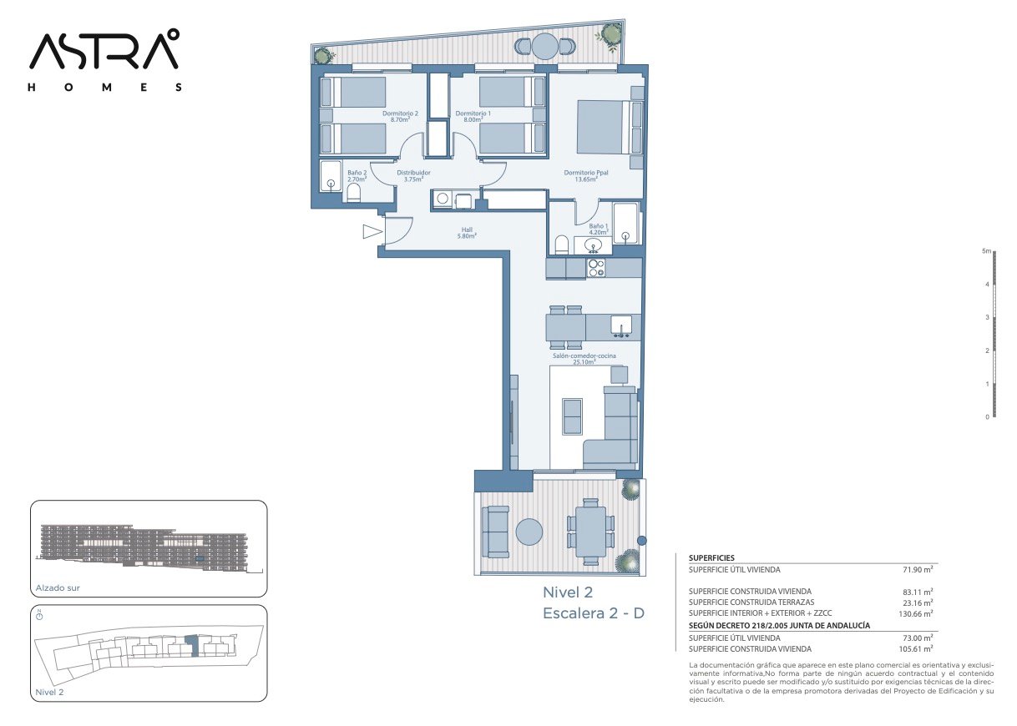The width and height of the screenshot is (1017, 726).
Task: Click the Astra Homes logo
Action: [x=104, y=60]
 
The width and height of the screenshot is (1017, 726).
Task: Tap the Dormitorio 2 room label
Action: [x=400, y=117]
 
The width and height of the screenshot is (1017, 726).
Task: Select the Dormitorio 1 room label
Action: [x=473, y=117]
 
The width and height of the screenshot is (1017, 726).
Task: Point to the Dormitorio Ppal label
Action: [x=585, y=175]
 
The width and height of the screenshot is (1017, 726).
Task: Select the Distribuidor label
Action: [x=413, y=175]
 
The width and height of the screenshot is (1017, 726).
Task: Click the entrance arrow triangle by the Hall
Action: [x=372, y=231]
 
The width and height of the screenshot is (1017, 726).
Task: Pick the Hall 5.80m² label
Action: [x=467, y=233]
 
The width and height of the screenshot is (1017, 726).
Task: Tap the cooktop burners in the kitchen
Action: [x=596, y=268]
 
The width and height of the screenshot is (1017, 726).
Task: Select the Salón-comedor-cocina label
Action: [x=584, y=359]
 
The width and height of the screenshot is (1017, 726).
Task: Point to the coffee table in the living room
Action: [x=572, y=416]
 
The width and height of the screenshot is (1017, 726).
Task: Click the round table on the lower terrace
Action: [x=529, y=532]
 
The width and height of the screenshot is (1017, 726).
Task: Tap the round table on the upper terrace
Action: [x=544, y=46]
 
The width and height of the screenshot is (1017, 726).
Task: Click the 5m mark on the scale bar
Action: [x=987, y=251]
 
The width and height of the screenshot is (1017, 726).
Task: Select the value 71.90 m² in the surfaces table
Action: [x=918, y=569]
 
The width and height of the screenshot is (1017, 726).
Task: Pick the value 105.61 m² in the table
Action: [x=916, y=649]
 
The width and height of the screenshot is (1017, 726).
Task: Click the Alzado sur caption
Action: [x=58, y=588]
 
